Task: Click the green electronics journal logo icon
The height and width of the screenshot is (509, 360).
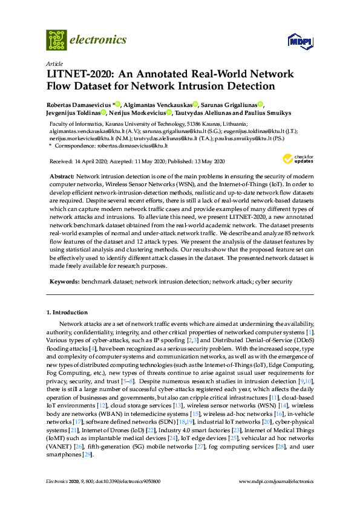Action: coord(56,40)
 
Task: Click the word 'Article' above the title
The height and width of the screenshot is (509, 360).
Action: coord(53,63)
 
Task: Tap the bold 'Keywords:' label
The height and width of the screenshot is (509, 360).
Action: coord(64,282)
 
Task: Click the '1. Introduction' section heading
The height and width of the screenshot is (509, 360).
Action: coord(67,313)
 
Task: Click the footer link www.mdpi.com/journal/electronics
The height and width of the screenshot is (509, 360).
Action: coord(277,481)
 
